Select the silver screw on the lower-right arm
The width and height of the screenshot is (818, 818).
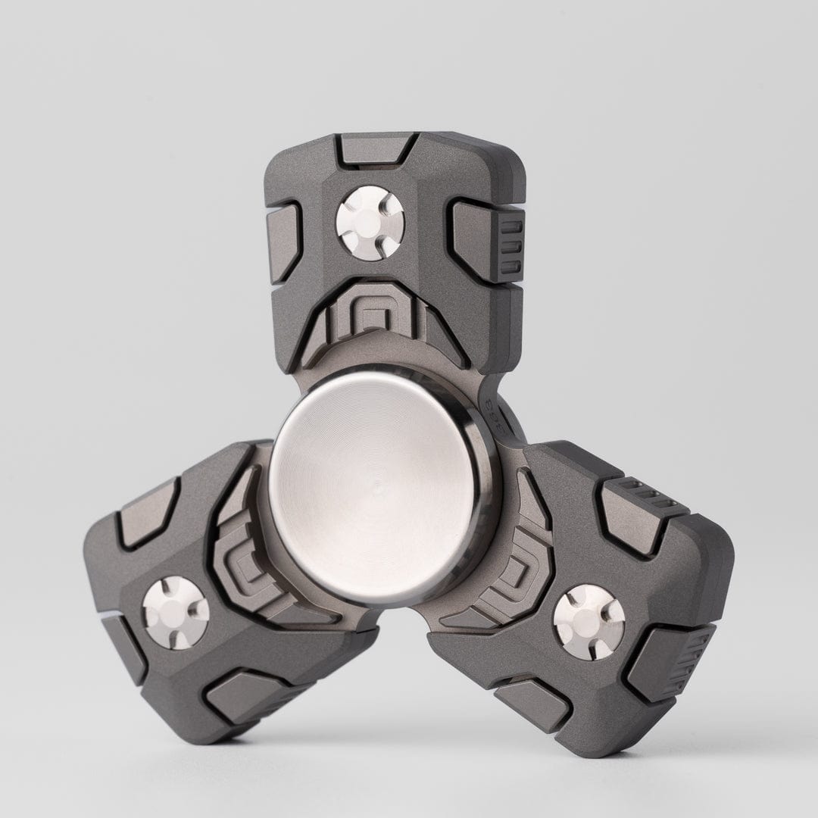tap(589, 621)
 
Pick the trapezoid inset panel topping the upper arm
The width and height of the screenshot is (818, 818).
tap(376, 150)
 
